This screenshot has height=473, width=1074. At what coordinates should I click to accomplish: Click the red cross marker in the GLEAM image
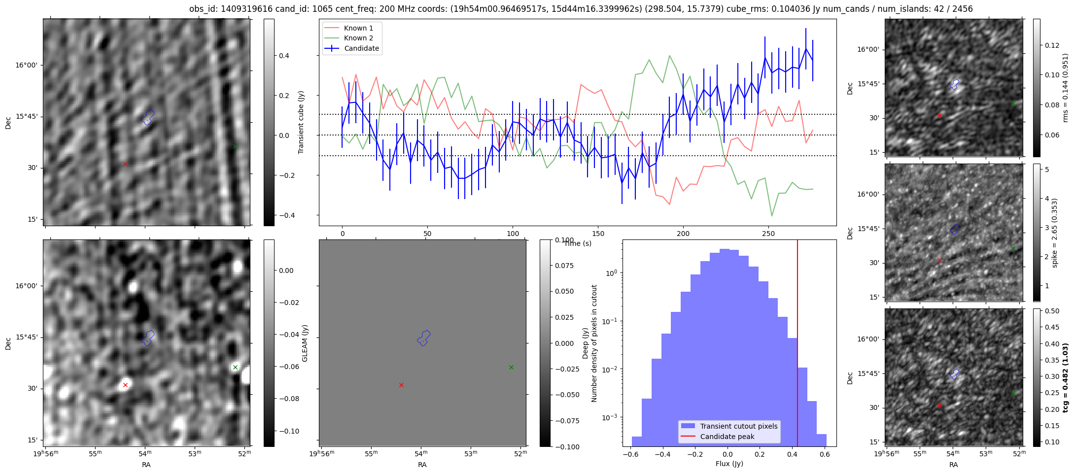(125, 385)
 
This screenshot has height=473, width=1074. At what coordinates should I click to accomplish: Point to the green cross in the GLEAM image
(235, 367)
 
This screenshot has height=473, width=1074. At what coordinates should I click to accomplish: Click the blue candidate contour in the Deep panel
(424, 338)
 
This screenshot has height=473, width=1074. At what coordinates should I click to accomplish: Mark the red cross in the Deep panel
(401, 385)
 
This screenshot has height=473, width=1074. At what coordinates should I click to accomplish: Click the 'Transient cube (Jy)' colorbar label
(301, 122)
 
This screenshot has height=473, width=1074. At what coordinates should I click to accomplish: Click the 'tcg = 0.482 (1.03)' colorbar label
(1065, 377)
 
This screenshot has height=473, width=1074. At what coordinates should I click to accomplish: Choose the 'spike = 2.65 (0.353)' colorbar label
(1055, 233)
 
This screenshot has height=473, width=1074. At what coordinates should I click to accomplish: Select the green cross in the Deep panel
(511, 367)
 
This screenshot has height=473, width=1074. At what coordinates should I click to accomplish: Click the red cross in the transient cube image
(125, 164)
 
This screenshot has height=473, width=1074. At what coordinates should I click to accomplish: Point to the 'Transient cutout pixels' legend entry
(738, 426)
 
